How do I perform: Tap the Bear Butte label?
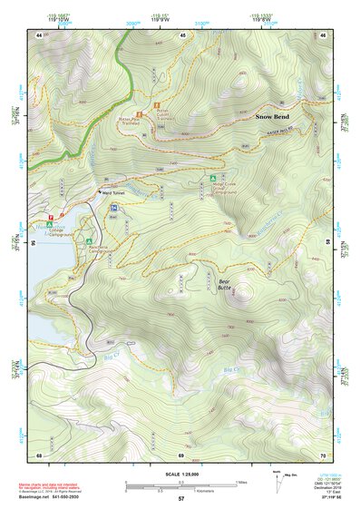coord(229,286)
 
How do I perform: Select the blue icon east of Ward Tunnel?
coord(113,208)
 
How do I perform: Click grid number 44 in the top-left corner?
coord(40,34)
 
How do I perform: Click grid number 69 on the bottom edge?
coord(181,454)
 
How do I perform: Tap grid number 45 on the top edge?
coord(181,34)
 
